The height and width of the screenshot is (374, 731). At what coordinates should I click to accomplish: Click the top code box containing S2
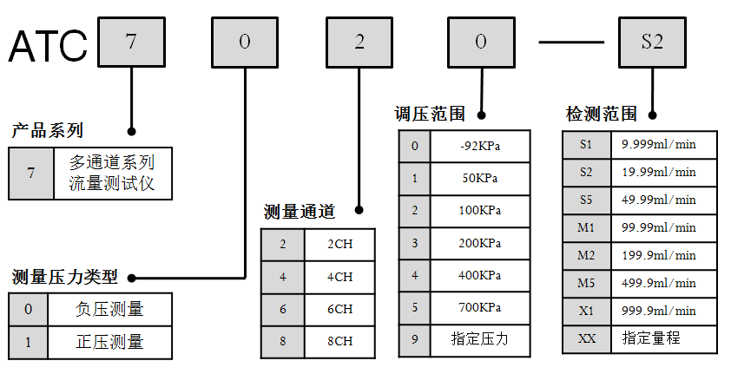(652, 42)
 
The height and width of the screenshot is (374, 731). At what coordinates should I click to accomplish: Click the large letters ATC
(48, 45)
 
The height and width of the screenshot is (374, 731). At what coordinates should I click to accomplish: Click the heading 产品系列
(48, 131)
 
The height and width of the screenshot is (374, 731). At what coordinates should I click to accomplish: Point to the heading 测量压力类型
(65, 278)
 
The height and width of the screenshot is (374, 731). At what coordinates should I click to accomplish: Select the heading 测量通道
(299, 211)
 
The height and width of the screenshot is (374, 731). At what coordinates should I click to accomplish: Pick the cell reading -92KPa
(480, 146)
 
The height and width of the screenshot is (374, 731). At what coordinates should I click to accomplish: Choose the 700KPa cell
(480, 307)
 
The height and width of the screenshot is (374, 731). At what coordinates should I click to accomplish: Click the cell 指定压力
(480, 339)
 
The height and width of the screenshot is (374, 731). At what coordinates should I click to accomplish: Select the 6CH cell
(339, 309)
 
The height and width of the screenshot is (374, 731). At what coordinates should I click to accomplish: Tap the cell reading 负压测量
(109, 309)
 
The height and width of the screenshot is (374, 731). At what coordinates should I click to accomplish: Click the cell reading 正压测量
(109, 342)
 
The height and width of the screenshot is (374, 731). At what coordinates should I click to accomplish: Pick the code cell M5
(586, 283)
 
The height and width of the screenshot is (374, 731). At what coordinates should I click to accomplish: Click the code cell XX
(586, 338)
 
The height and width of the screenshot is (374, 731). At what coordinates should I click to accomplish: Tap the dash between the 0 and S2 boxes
(570, 42)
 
